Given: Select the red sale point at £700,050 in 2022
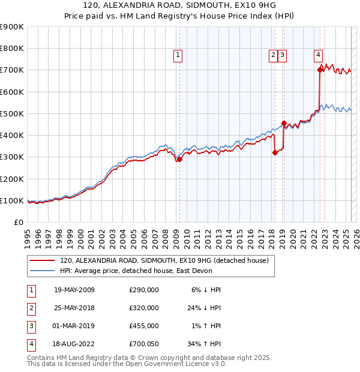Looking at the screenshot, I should click(x=320, y=70).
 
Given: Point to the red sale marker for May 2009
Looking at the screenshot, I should click(x=179, y=159).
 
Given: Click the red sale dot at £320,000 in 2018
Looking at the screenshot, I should click(x=275, y=152).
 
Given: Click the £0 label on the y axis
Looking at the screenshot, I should click(x=18, y=222).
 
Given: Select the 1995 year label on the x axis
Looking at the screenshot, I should click(x=28, y=237).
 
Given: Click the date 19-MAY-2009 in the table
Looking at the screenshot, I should click(x=74, y=289).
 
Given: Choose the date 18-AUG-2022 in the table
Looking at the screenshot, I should click(x=74, y=344).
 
